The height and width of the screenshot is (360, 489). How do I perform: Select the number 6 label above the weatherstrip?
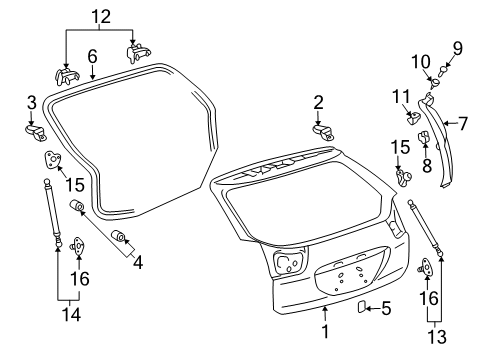(91, 57)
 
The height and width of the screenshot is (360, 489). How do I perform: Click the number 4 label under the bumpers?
(138, 265)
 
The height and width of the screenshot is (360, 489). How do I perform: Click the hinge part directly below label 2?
(326, 130)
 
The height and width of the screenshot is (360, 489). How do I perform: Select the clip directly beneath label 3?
(32, 131)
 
